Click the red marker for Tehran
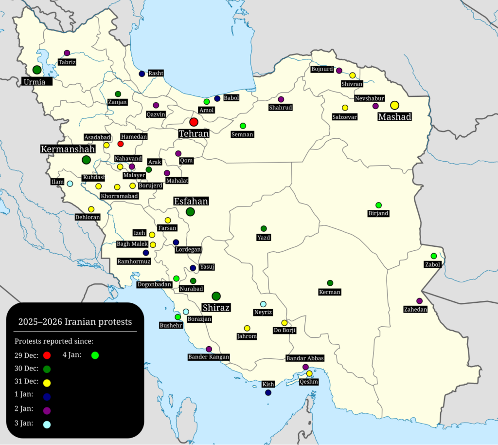coord(194,122)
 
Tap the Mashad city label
coord(395,117)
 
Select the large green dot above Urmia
coord(37,70)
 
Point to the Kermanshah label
coord(68,149)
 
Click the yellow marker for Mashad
coord(394,105)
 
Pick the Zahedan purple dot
coord(419,301)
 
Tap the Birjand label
coord(378,213)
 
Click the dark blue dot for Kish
coord(268,392)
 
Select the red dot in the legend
coord(47,355)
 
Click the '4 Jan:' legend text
coord(72,354)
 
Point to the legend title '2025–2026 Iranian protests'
coord(75,322)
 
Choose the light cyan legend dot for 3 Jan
coord(47,424)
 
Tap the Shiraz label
coord(216,308)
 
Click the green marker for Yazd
coord(264,228)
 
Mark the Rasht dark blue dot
coord(142,74)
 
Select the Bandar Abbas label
coord(305,358)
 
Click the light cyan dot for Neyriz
coord(263,304)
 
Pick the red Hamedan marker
coord(121,144)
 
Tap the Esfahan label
coord(191,201)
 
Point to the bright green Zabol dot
coord(433,256)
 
